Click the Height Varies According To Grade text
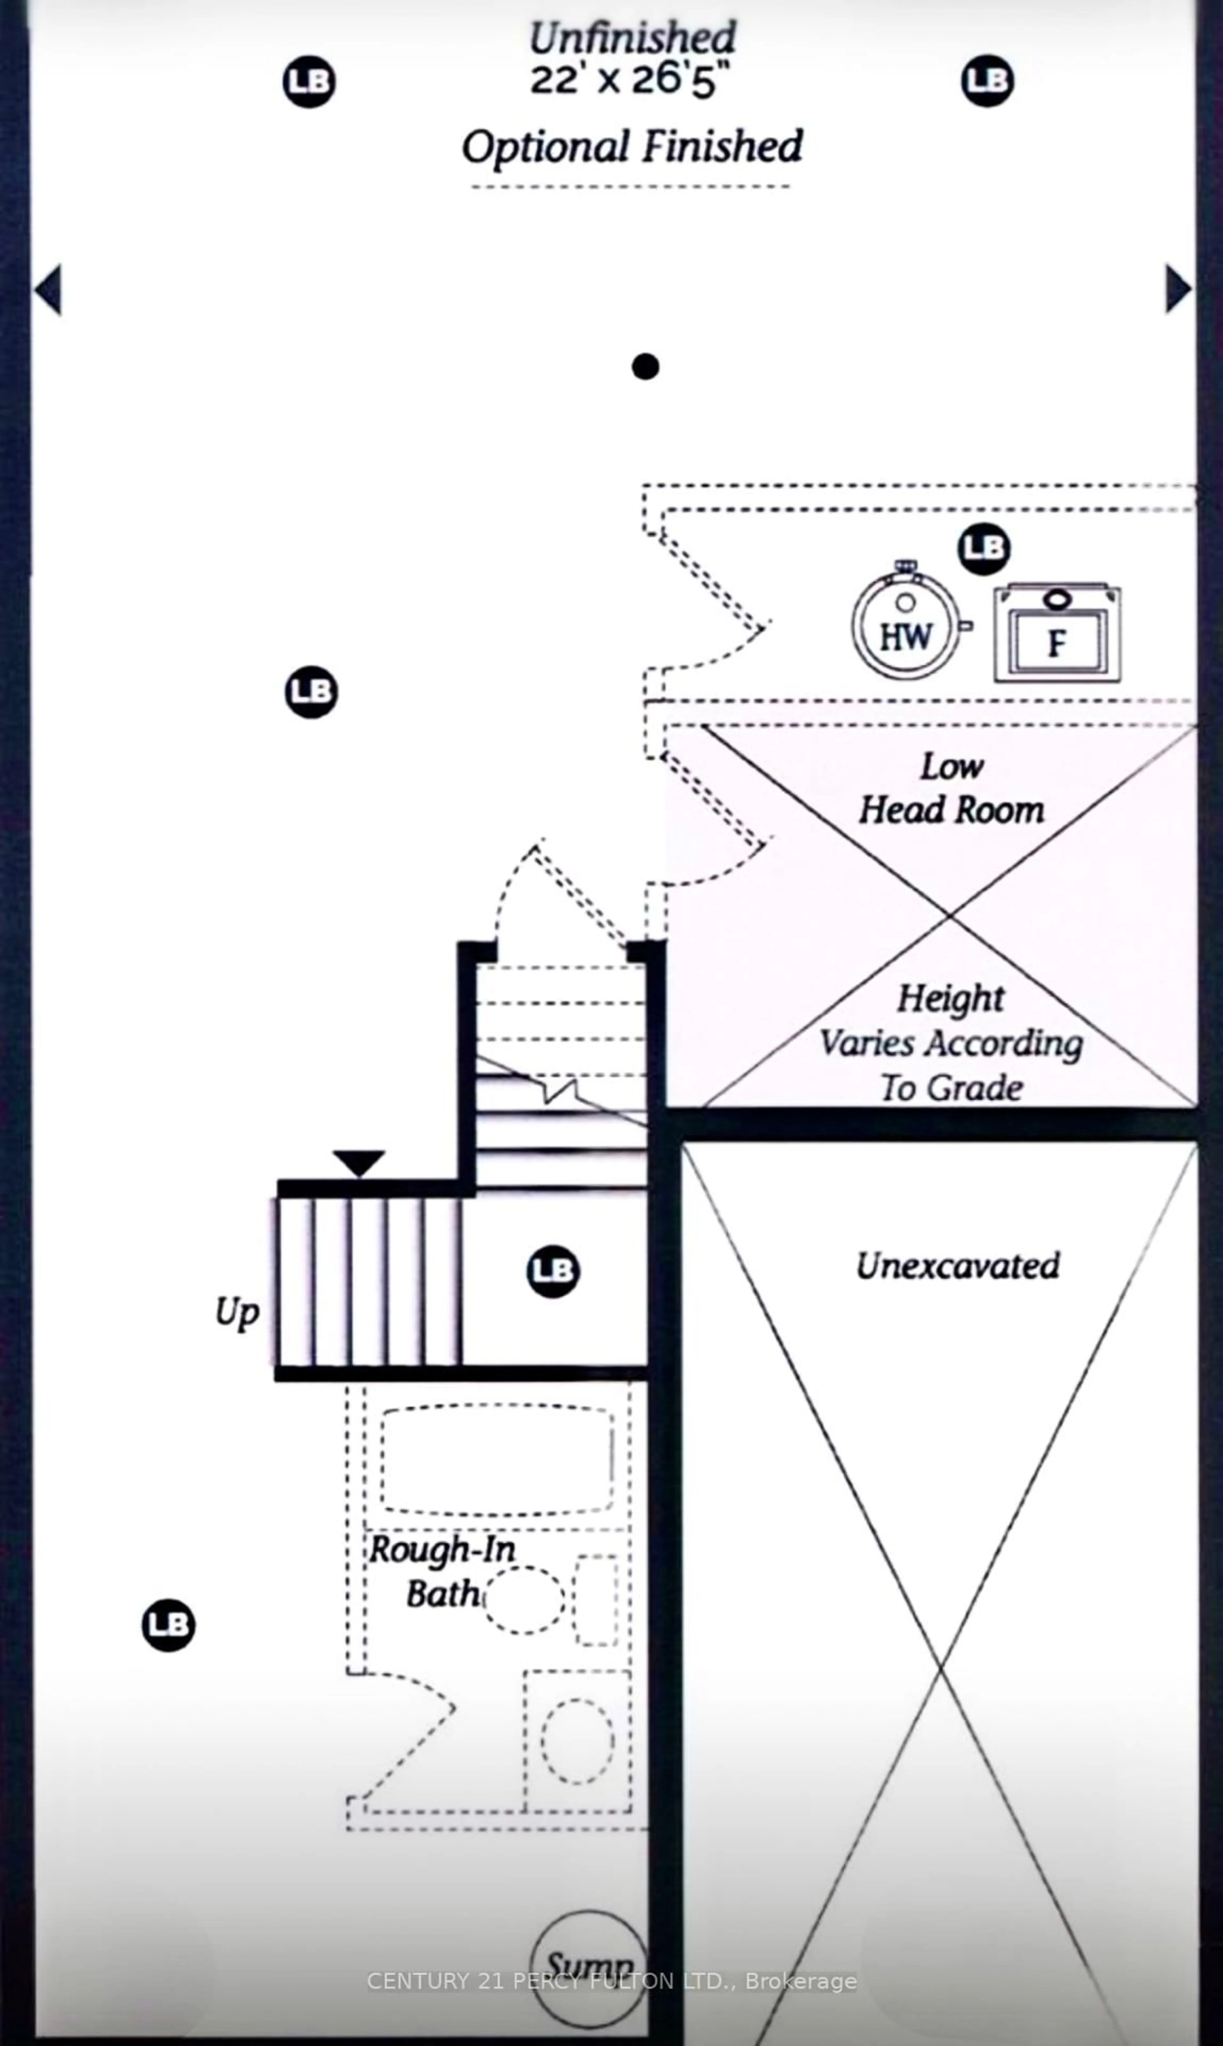tap(951, 1043)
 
